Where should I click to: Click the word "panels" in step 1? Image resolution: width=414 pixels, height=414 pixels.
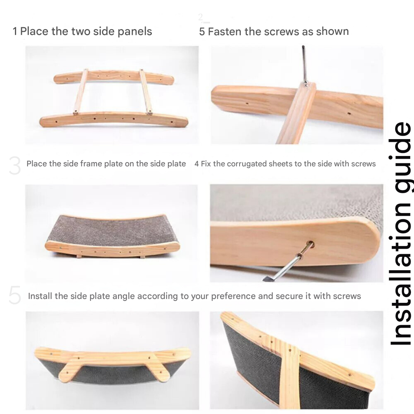135,32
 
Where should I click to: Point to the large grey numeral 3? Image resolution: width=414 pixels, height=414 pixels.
15,166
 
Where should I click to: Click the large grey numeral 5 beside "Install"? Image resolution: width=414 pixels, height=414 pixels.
15,295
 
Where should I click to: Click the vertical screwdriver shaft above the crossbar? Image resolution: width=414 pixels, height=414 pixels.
304,63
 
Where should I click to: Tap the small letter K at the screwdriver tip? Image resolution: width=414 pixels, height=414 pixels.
306,85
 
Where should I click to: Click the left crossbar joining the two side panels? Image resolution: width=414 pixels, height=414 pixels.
80,91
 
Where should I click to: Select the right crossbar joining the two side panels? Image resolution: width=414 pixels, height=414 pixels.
146,92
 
